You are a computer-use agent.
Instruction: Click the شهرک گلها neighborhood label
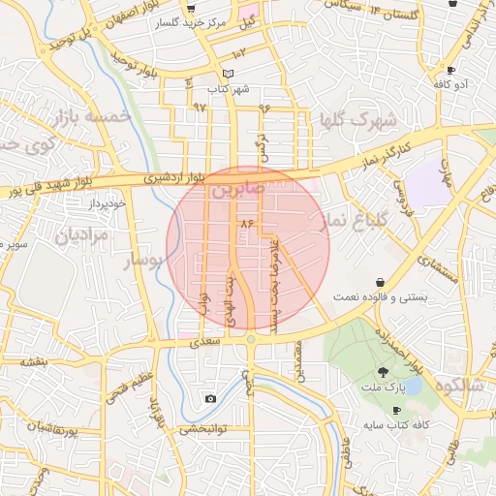358,121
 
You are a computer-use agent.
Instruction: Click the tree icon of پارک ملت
384,371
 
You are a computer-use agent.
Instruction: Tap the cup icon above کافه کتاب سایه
396,411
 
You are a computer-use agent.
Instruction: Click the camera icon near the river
210,398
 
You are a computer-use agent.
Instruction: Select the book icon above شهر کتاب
228,74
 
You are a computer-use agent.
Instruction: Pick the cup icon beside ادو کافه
451,70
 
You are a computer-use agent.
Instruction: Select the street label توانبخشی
203,427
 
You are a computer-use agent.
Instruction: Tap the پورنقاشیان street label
39,427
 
